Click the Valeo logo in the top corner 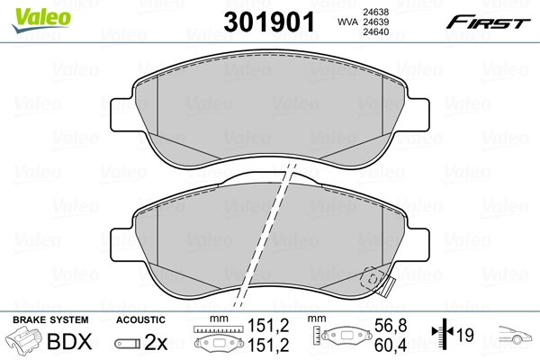click(x=40, y=20)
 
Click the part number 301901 click(x=269, y=22)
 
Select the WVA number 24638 click(x=375, y=12)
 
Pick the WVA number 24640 click(x=375, y=32)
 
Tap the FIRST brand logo click(x=488, y=22)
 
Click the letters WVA click(x=347, y=22)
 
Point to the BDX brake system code click(x=69, y=342)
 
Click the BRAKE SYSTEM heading click(x=50, y=319)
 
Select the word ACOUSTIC click(x=140, y=319)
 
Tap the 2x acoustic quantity click(x=156, y=342)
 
